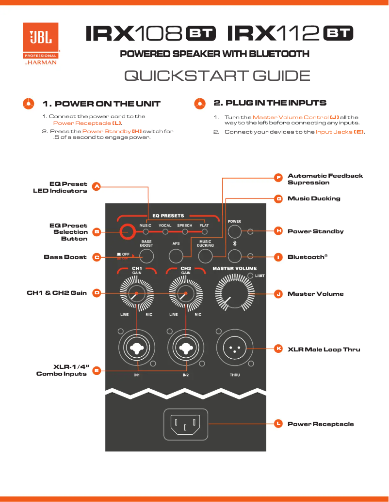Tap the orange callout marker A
click(96, 186)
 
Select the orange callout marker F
click(278, 178)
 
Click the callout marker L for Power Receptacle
click(278, 424)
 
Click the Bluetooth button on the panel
click(235, 257)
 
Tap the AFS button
click(176, 257)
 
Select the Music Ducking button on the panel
click(206, 257)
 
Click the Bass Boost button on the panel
click(147, 257)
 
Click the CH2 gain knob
click(185, 294)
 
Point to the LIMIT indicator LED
click(250, 275)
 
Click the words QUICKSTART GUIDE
click(217, 76)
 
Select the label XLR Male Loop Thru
click(324, 349)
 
